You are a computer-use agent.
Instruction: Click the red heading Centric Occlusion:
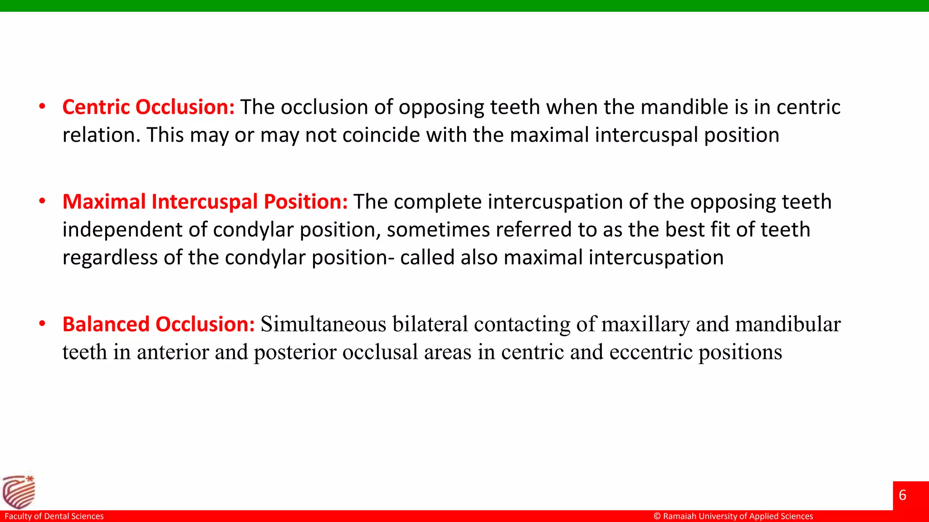tap(148, 107)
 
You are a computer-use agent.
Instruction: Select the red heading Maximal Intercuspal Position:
tap(205, 202)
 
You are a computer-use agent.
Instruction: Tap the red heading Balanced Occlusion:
tap(158, 324)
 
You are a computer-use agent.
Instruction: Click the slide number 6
tap(902, 495)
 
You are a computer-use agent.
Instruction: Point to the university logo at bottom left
tap(19, 492)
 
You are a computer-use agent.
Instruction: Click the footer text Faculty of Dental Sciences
tap(54, 516)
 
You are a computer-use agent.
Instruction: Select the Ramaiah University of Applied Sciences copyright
tap(733, 516)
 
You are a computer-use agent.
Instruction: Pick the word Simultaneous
tap(323, 324)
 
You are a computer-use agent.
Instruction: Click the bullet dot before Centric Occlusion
tap(42, 107)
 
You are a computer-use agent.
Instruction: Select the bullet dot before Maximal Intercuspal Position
tap(42, 201)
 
